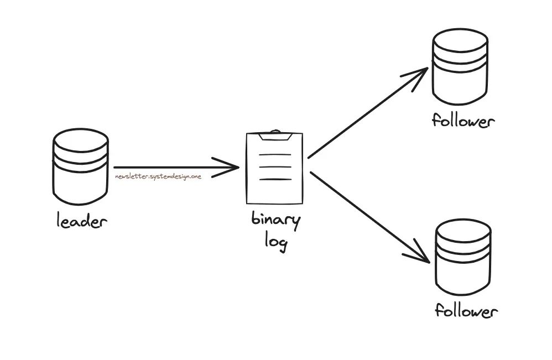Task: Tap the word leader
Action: tap(81, 222)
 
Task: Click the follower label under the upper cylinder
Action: tap(462, 121)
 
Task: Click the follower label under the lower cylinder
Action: tap(466, 311)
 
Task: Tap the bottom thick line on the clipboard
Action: tap(275, 179)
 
